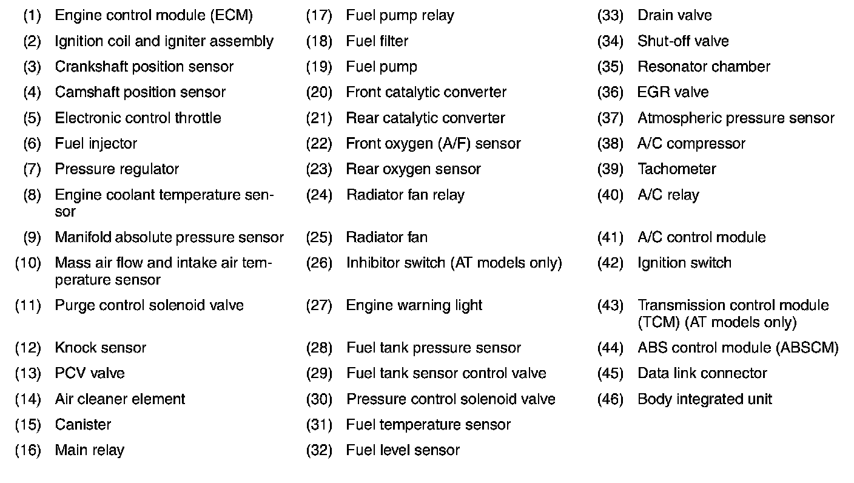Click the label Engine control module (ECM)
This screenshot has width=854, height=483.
point(153,15)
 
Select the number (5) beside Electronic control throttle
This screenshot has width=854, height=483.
point(32,118)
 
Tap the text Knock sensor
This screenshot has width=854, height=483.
point(100,348)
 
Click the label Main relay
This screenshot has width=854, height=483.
point(89,450)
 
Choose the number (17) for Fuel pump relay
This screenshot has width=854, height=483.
point(319,15)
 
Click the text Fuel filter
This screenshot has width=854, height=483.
point(377,41)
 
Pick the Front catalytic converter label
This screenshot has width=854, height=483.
point(426,92)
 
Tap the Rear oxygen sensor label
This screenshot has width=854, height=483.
point(413,169)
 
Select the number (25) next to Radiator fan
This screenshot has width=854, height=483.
point(319,237)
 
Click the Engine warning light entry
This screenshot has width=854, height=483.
point(414,305)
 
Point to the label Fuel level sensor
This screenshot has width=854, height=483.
point(403,450)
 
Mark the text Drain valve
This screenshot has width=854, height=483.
point(674,15)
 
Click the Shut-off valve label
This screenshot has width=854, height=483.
point(683,41)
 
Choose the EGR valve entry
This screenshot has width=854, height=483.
point(673,92)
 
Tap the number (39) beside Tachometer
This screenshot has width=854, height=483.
point(610,169)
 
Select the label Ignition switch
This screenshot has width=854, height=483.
point(684,263)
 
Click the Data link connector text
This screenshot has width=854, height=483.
point(702,373)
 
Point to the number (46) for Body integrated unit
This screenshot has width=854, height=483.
point(610,399)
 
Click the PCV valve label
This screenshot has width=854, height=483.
point(89,373)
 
